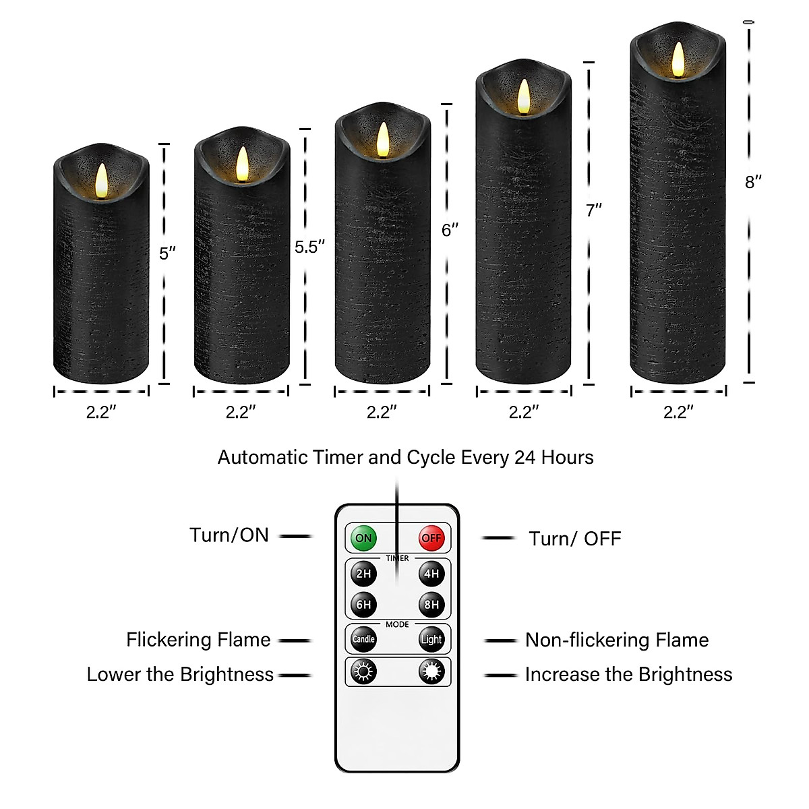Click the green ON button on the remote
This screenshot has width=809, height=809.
363,538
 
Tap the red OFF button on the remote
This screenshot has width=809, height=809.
431,538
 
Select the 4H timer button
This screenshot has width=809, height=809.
431,574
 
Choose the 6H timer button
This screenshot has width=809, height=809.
363,605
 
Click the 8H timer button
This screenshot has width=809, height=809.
431,605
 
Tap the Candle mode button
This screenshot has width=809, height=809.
363,639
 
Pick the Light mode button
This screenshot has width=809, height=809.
431,639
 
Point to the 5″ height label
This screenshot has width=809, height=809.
167,253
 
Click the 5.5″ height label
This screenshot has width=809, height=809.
309,247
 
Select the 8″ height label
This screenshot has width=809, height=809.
753,182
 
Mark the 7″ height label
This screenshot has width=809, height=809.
593,210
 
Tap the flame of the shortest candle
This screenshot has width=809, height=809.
101,179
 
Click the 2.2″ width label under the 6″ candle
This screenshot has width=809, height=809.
382,412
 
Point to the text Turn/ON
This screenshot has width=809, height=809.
229,535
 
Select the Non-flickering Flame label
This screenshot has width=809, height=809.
617,640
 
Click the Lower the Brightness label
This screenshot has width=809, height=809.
180,674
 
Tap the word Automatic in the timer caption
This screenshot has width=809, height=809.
263,458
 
